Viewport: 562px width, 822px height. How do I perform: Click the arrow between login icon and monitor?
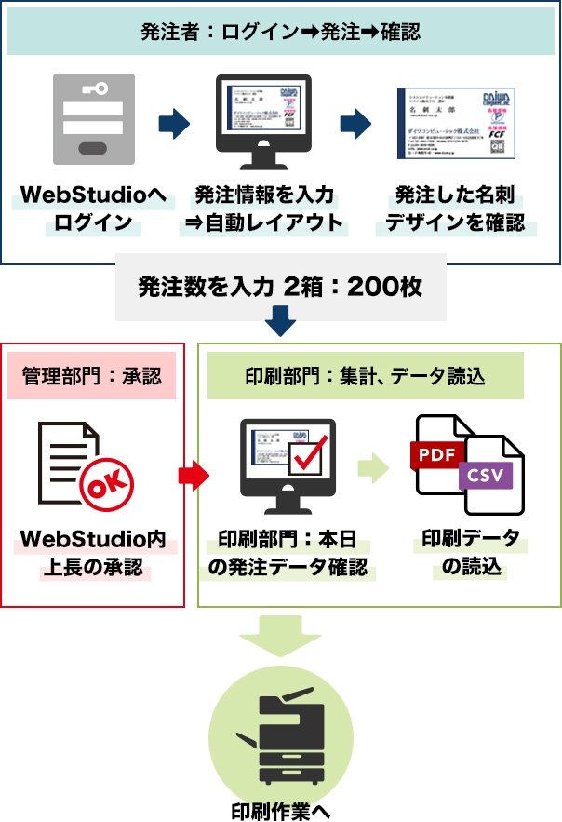(174, 122)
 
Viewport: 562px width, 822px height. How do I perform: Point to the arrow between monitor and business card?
(355, 122)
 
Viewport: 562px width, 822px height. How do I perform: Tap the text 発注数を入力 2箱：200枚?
(280, 287)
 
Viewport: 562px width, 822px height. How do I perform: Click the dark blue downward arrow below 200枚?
(280, 323)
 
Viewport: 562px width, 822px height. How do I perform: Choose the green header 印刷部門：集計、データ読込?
(365, 376)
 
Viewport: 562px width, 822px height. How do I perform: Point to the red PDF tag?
(435, 454)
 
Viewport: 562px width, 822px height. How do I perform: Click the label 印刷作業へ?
(280, 809)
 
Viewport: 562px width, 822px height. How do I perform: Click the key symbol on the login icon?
(94, 88)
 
